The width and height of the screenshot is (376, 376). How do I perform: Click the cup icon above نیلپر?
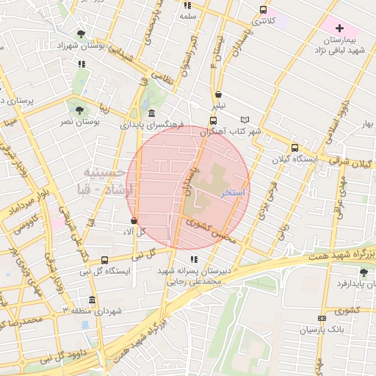click(x=219, y=93)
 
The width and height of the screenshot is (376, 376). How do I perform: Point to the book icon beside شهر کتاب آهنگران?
click(x=245, y=120)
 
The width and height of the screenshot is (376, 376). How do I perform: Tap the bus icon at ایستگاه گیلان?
click(x=294, y=147)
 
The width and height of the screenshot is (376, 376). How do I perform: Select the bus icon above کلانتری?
click(x=263, y=10)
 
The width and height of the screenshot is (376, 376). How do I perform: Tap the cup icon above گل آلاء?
click(x=133, y=220)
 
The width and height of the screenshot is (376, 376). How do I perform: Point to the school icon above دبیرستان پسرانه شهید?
click(x=193, y=259)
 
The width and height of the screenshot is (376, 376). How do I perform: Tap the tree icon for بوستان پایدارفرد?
click(x=362, y=272)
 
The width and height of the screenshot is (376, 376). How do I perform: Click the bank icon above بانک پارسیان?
click(x=322, y=318)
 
